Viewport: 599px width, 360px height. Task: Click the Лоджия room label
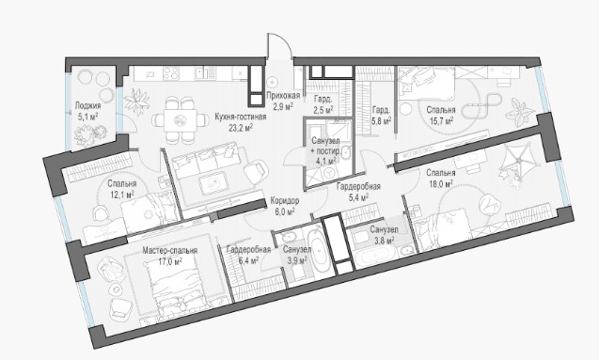(87, 106)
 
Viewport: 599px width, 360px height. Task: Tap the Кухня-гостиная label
(241, 117)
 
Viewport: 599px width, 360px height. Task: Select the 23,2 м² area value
(241, 128)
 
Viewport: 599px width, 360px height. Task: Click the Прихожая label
(283, 96)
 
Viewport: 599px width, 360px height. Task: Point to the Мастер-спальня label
(170, 250)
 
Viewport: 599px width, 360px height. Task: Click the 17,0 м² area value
(170, 261)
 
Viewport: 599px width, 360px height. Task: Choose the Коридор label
(285, 200)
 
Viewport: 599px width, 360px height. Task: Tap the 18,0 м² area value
(440, 183)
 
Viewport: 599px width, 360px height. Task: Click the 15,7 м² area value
(441, 121)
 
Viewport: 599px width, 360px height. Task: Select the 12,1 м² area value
(122, 195)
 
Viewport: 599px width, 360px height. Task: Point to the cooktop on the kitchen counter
(171, 73)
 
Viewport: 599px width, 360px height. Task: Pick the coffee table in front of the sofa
(213, 184)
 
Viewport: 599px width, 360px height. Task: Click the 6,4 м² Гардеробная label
(248, 250)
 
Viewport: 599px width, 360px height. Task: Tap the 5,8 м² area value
(381, 121)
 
